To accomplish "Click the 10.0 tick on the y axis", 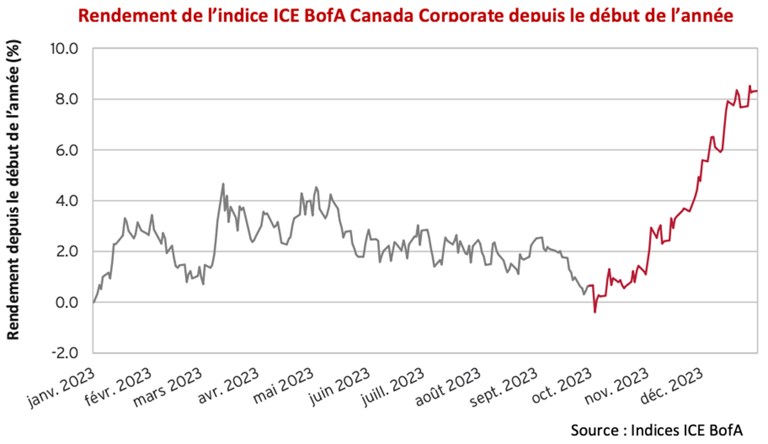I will coord(64,49).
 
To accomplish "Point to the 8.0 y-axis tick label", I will coord(66,99).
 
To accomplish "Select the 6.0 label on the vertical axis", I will coord(66,150).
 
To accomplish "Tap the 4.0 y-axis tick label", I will coord(66,201).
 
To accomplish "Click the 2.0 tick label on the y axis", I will coord(66,252).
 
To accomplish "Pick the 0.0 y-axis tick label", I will coord(66,302).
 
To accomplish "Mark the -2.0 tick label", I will coord(65,353).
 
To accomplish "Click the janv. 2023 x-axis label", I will coord(62,387).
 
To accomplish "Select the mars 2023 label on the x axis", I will coord(168,387).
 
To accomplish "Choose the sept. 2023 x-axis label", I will coord(504,387).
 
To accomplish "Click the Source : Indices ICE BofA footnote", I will coord(656,430).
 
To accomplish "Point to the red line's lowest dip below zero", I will coord(595,312).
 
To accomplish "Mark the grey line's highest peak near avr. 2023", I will coord(223,184).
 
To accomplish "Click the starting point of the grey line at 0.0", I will coord(93,302).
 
